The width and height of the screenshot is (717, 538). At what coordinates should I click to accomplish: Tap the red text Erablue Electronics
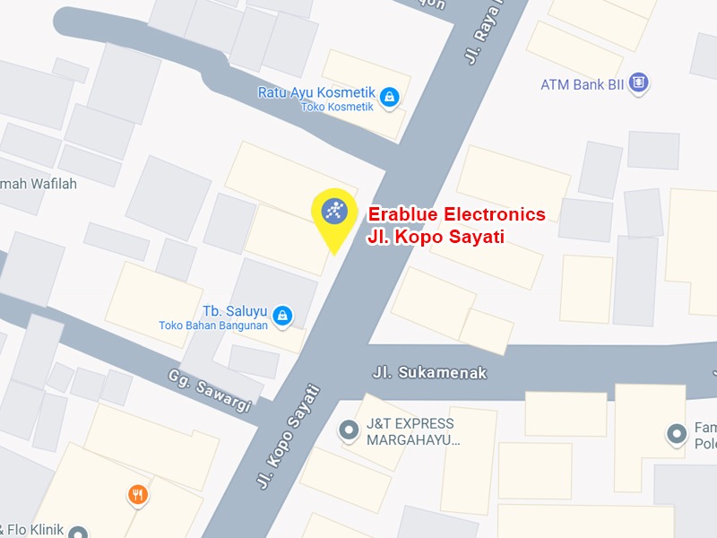coord(456,214)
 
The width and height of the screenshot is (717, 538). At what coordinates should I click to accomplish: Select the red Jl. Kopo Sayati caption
coord(436,238)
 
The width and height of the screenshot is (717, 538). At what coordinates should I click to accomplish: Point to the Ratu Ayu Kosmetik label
coord(315,92)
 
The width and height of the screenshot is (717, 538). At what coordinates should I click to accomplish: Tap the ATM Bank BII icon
coord(638,84)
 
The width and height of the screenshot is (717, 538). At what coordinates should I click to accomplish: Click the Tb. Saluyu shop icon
coord(282,315)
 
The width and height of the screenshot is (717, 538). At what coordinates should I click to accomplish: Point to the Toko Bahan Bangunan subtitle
coord(213,325)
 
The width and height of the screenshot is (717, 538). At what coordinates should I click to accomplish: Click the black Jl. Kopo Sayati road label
coord(289,436)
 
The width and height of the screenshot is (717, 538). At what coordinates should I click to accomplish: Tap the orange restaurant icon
coord(137,494)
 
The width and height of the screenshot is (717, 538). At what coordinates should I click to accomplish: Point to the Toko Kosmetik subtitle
coord(337,107)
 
